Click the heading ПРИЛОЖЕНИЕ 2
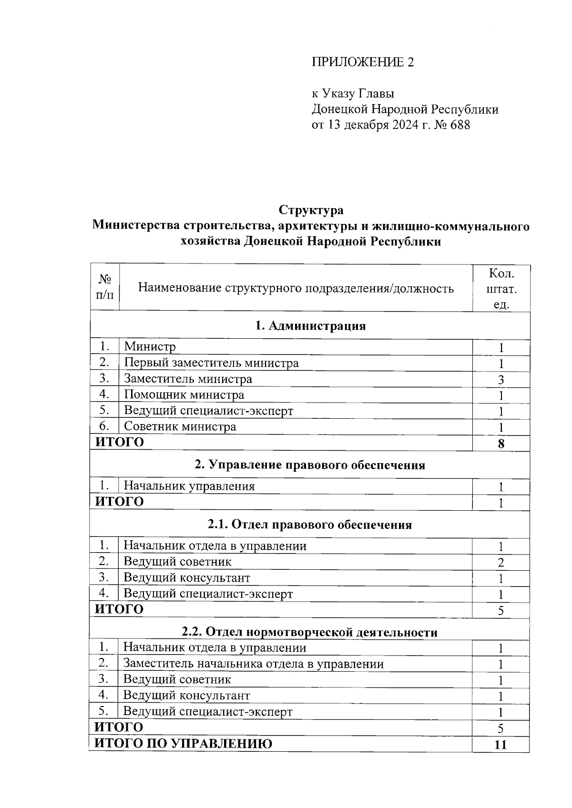(x=363, y=62)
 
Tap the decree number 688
(x=460, y=125)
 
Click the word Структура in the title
(x=311, y=210)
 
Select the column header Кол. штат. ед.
(x=501, y=289)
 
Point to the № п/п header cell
(x=105, y=287)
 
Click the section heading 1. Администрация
(x=310, y=326)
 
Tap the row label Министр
(x=150, y=347)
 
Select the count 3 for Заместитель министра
(x=501, y=380)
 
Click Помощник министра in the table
(x=184, y=395)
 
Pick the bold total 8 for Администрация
(x=501, y=444)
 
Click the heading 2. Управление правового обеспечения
(x=310, y=465)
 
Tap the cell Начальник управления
(x=189, y=486)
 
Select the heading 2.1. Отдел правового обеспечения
(x=310, y=525)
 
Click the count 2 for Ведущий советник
(x=501, y=563)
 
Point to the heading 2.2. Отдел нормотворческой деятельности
(x=310, y=632)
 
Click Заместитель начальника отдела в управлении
(x=254, y=664)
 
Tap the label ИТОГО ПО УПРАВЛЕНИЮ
(x=184, y=744)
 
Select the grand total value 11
(x=500, y=745)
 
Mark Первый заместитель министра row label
(x=211, y=363)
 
